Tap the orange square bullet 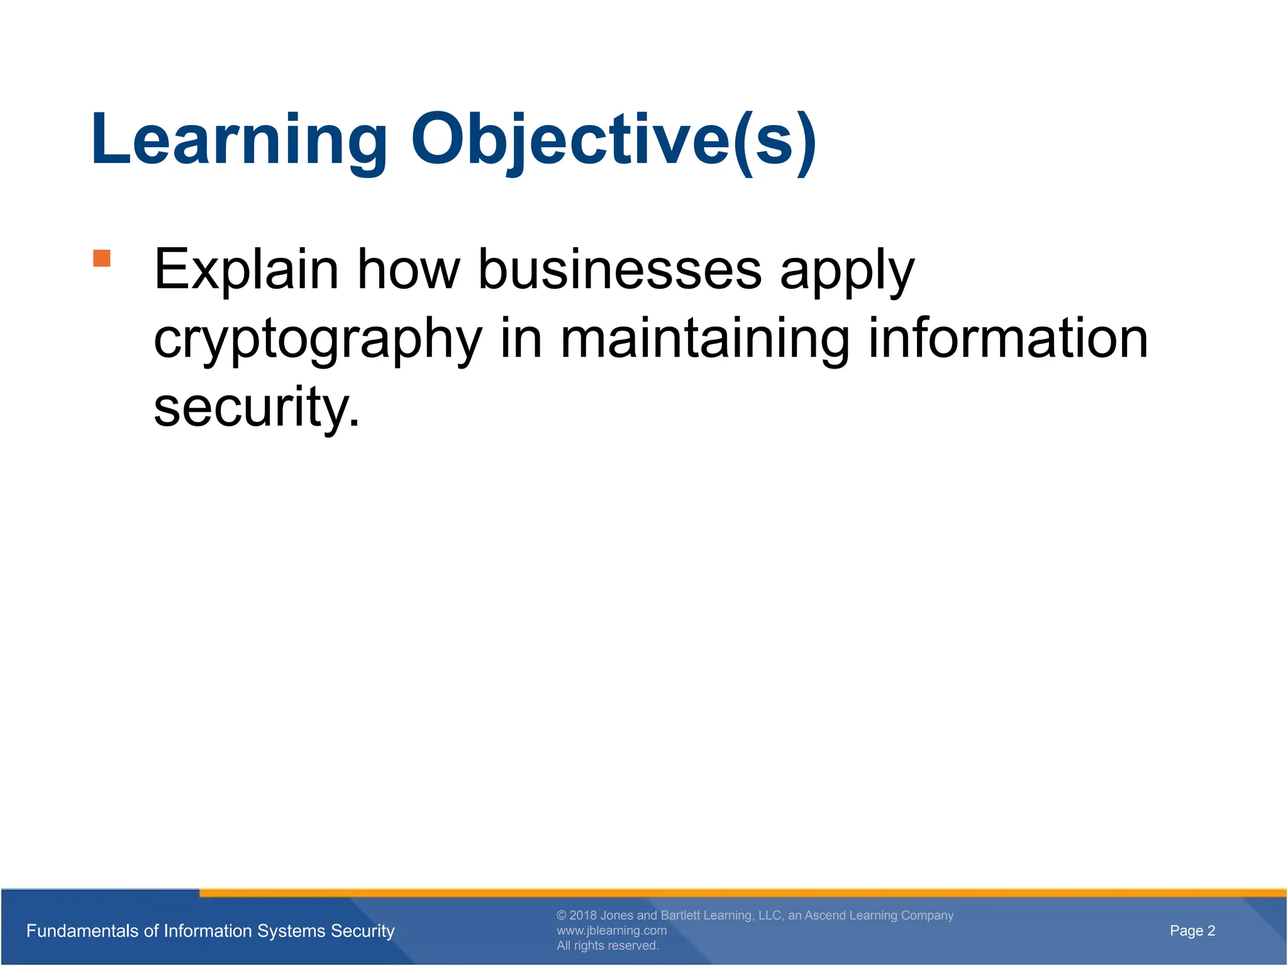point(102,258)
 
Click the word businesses point(619,270)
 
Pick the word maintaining point(704,340)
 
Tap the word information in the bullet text point(1008,340)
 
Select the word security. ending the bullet point(257,409)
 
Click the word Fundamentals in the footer point(80,931)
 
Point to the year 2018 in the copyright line point(583,916)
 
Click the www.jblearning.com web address point(611,931)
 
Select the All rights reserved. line point(608,946)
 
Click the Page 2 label point(1192,931)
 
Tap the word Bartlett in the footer point(680,916)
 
